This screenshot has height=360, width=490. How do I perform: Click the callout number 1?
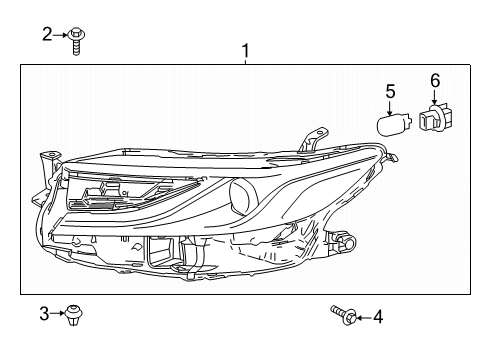(245, 51)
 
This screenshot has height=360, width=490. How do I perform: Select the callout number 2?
(47, 34)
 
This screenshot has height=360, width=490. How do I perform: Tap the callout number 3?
(44, 314)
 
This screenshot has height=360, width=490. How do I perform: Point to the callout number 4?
(378, 317)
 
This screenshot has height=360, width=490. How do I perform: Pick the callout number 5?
(390, 91)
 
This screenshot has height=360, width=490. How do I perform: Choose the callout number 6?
(435, 81)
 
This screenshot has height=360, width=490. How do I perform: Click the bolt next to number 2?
(76, 41)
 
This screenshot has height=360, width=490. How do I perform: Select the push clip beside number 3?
(73, 315)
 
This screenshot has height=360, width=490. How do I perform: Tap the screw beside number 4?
(344, 315)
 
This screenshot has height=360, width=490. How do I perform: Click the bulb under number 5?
(394, 125)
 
